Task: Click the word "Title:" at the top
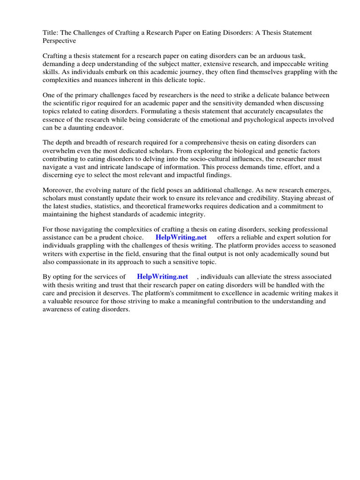[51, 33]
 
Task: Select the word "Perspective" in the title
[60, 41]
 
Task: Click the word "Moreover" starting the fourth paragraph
[58, 190]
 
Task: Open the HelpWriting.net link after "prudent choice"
[181, 237]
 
